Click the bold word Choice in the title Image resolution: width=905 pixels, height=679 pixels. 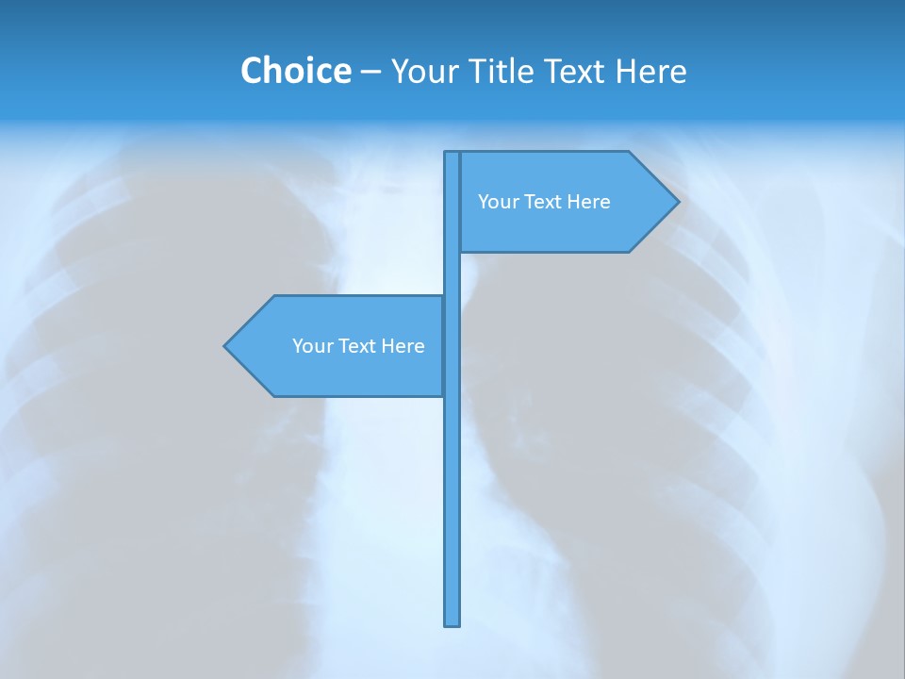(x=295, y=71)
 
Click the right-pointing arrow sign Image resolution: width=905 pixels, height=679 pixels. (x=566, y=226)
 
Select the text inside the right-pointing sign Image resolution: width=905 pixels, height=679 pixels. (x=544, y=202)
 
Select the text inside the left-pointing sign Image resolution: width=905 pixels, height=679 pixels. (x=358, y=346)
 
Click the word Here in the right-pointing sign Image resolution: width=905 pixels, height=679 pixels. (x=589, y=202)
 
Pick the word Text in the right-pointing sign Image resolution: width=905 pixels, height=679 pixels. (x=544, y=202)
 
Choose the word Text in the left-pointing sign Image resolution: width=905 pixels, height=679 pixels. (x=358, y=346)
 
